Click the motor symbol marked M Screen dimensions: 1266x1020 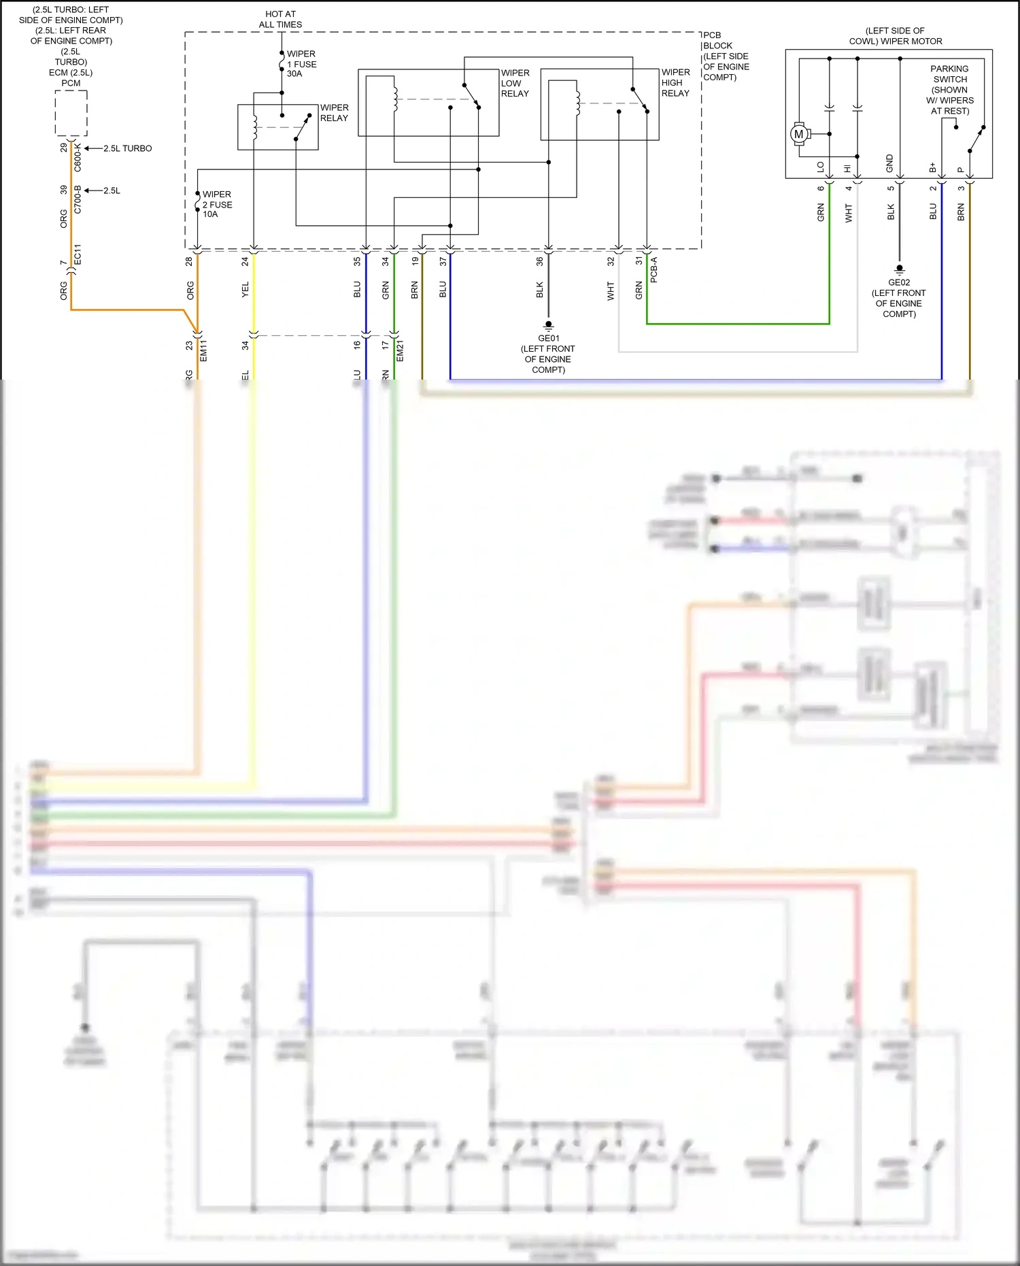pos(799,134)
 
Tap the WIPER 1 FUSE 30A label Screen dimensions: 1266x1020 pos(301,63)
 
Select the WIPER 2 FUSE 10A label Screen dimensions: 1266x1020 pos(218,204)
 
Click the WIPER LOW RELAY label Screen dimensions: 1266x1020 pos(515,83)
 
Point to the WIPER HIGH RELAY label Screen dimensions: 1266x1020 pos(675,82)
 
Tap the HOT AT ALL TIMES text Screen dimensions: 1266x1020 pos(280,19)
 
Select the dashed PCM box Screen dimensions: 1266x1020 pos(71,113)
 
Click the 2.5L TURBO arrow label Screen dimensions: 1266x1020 pos(127,148)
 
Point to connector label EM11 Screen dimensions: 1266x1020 pos(203,350)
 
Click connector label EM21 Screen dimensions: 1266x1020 pos(400,350)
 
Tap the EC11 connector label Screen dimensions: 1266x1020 pos(78,254)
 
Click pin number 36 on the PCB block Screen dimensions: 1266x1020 pos(539,261)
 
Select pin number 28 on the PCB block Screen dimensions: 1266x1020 pos(189,261)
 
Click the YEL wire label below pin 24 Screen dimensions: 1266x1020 pos(245,289)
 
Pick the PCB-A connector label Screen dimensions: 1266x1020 pos(653,269)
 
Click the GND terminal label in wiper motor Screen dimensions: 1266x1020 pos(889,163)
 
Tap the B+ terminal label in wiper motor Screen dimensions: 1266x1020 pos(933,167)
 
